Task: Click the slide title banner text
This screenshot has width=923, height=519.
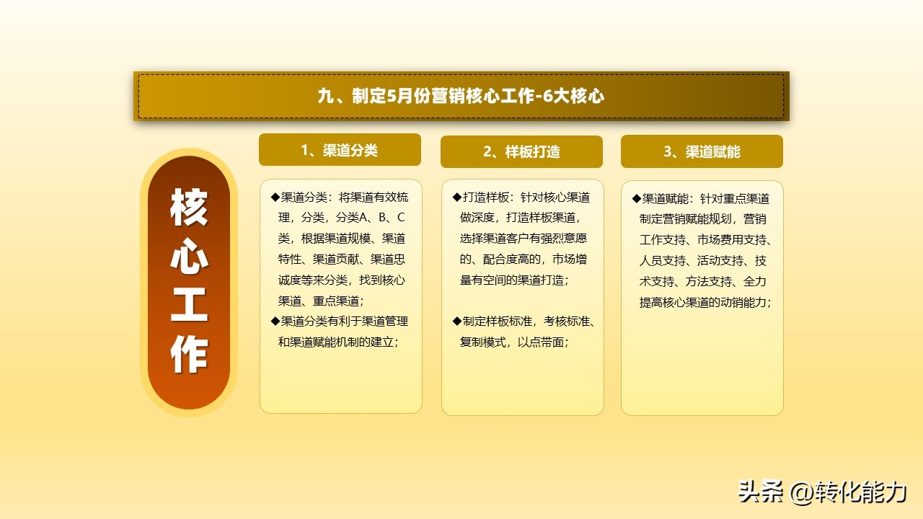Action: click(x=461, y=96)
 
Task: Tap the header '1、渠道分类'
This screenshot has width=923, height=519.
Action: click(x=340, y=150)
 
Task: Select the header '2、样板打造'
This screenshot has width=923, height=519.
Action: click(x=521, y=152)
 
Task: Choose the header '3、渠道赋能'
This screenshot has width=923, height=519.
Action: click(x=702, y=152)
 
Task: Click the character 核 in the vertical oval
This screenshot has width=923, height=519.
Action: click(x=189, y=208)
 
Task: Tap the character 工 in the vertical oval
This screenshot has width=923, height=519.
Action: click(x=189, y=306)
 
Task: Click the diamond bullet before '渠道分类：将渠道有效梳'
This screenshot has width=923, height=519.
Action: click(x=275, y=197)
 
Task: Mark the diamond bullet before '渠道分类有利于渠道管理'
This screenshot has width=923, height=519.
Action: click(x=275, y=321)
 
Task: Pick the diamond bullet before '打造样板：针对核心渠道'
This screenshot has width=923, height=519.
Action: click(x=456, y=197)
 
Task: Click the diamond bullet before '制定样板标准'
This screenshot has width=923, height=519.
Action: click(x=456, y=321)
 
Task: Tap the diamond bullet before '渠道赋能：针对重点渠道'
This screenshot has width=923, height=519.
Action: click(x=636, y=198)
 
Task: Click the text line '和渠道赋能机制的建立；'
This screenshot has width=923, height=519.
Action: click(x=338, y=342)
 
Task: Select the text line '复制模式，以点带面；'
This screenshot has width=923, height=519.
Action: click(x=514, y=342)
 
